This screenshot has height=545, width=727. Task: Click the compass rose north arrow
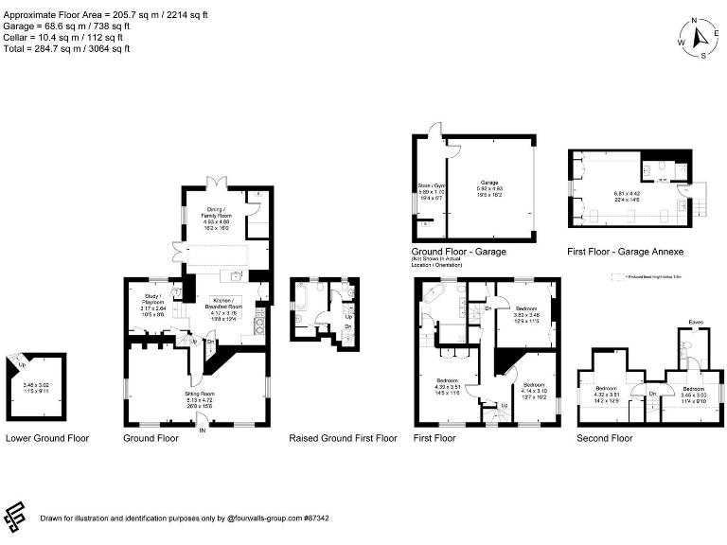(700, 38)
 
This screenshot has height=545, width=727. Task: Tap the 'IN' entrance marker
(202, 431)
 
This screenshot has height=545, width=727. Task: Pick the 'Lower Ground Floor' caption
(47, 439)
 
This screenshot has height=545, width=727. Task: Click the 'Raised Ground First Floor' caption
(343, 439)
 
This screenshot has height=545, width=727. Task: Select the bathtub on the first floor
(437, 305)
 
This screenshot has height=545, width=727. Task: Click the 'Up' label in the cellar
(22, 364)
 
